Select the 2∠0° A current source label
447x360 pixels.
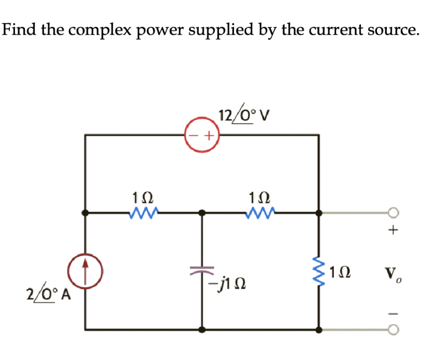50,294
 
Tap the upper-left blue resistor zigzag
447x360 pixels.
143,212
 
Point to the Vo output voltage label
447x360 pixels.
393,274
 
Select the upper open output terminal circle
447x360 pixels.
393,213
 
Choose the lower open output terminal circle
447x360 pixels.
393,330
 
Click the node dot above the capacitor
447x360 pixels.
202,213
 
